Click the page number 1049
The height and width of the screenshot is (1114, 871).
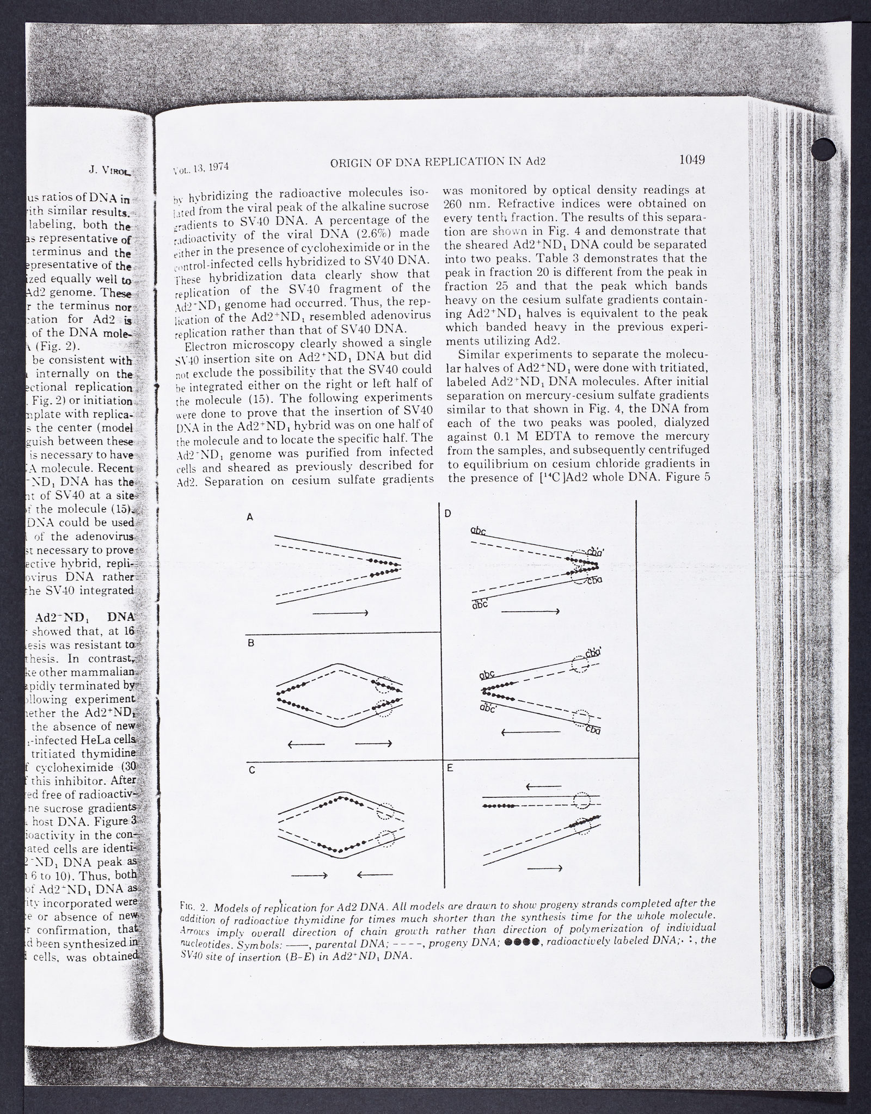pos(691,159)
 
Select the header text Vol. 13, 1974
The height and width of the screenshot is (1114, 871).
pos(200,168)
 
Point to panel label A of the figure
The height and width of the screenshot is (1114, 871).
pos(250,518)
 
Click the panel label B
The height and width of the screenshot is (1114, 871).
pos(251,643)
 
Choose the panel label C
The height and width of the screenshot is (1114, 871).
pos(251,770)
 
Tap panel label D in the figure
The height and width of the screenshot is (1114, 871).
pos(447,513)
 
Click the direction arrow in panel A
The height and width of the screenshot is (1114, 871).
pos(341,613)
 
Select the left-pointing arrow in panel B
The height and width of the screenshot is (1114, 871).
pos(306,744)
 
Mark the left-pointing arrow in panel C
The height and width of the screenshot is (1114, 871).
pos(375,875)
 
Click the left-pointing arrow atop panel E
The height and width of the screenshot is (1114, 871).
pos(543,786)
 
